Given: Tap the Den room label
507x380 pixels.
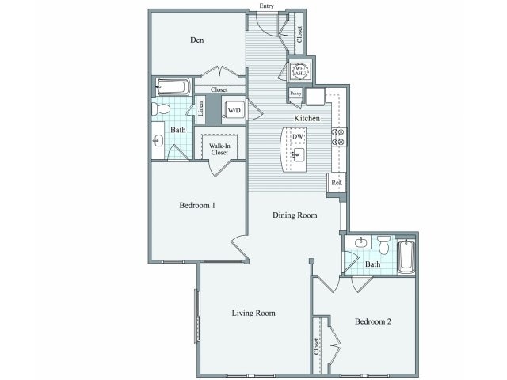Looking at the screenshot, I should [198, 40].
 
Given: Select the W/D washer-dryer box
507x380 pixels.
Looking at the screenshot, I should [234, 110].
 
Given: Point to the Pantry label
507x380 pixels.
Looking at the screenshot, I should [295, 93].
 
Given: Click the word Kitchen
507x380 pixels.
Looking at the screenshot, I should [307, 117].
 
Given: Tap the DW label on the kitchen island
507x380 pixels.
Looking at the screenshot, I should [298, 137].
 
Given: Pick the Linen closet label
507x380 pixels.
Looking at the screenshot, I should [201, 109].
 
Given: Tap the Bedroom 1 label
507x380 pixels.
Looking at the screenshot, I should [198, 205].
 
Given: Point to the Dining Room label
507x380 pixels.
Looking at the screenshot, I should [295, 215].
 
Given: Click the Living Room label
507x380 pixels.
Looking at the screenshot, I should [253, 313].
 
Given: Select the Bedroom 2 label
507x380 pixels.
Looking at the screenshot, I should [373, 322].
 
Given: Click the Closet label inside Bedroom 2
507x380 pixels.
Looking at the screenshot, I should [317, 345].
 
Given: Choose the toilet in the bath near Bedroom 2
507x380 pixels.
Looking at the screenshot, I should [383, 245].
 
